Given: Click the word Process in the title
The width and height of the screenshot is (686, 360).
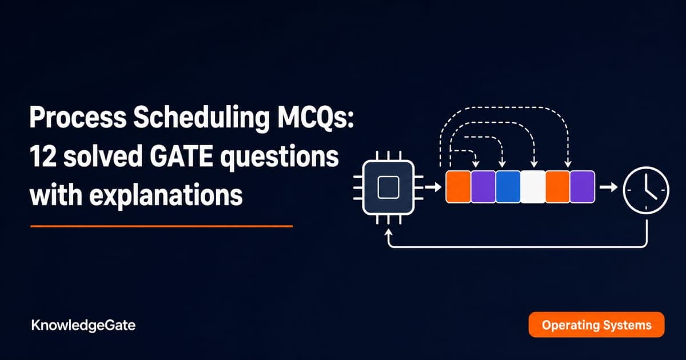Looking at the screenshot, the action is point(78,118).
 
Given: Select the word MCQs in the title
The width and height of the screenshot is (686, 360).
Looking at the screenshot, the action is point(316,118).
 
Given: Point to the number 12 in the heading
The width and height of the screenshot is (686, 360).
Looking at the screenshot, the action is point(43,156).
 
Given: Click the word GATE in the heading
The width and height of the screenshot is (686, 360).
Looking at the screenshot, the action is point(182,156).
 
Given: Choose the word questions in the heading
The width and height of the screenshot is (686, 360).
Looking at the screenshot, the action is point(280,158).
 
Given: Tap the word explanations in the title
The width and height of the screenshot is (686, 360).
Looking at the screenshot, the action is point(166,196).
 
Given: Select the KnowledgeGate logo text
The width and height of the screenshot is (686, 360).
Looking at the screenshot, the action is point(83,325).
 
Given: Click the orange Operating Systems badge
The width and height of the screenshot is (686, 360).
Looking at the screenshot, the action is point(597,325).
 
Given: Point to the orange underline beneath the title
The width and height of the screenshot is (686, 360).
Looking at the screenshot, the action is point(161,226).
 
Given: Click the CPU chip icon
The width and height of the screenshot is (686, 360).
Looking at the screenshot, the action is point(388,187).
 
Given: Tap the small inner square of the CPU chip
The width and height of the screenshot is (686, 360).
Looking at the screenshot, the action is point(388,187).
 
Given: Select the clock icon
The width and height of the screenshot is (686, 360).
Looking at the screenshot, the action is point(646,190).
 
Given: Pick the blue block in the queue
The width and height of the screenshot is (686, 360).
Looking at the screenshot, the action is point(508,187).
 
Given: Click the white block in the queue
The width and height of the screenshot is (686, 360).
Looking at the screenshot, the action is point(533,187).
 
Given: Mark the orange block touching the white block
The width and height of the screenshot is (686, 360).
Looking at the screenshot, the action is point(558,187).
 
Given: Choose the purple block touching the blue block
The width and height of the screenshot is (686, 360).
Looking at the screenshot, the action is point(483,187).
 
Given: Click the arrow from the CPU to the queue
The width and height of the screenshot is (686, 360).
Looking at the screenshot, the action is point(433,187).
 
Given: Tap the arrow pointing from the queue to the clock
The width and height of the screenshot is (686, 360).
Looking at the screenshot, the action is point(608,187).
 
